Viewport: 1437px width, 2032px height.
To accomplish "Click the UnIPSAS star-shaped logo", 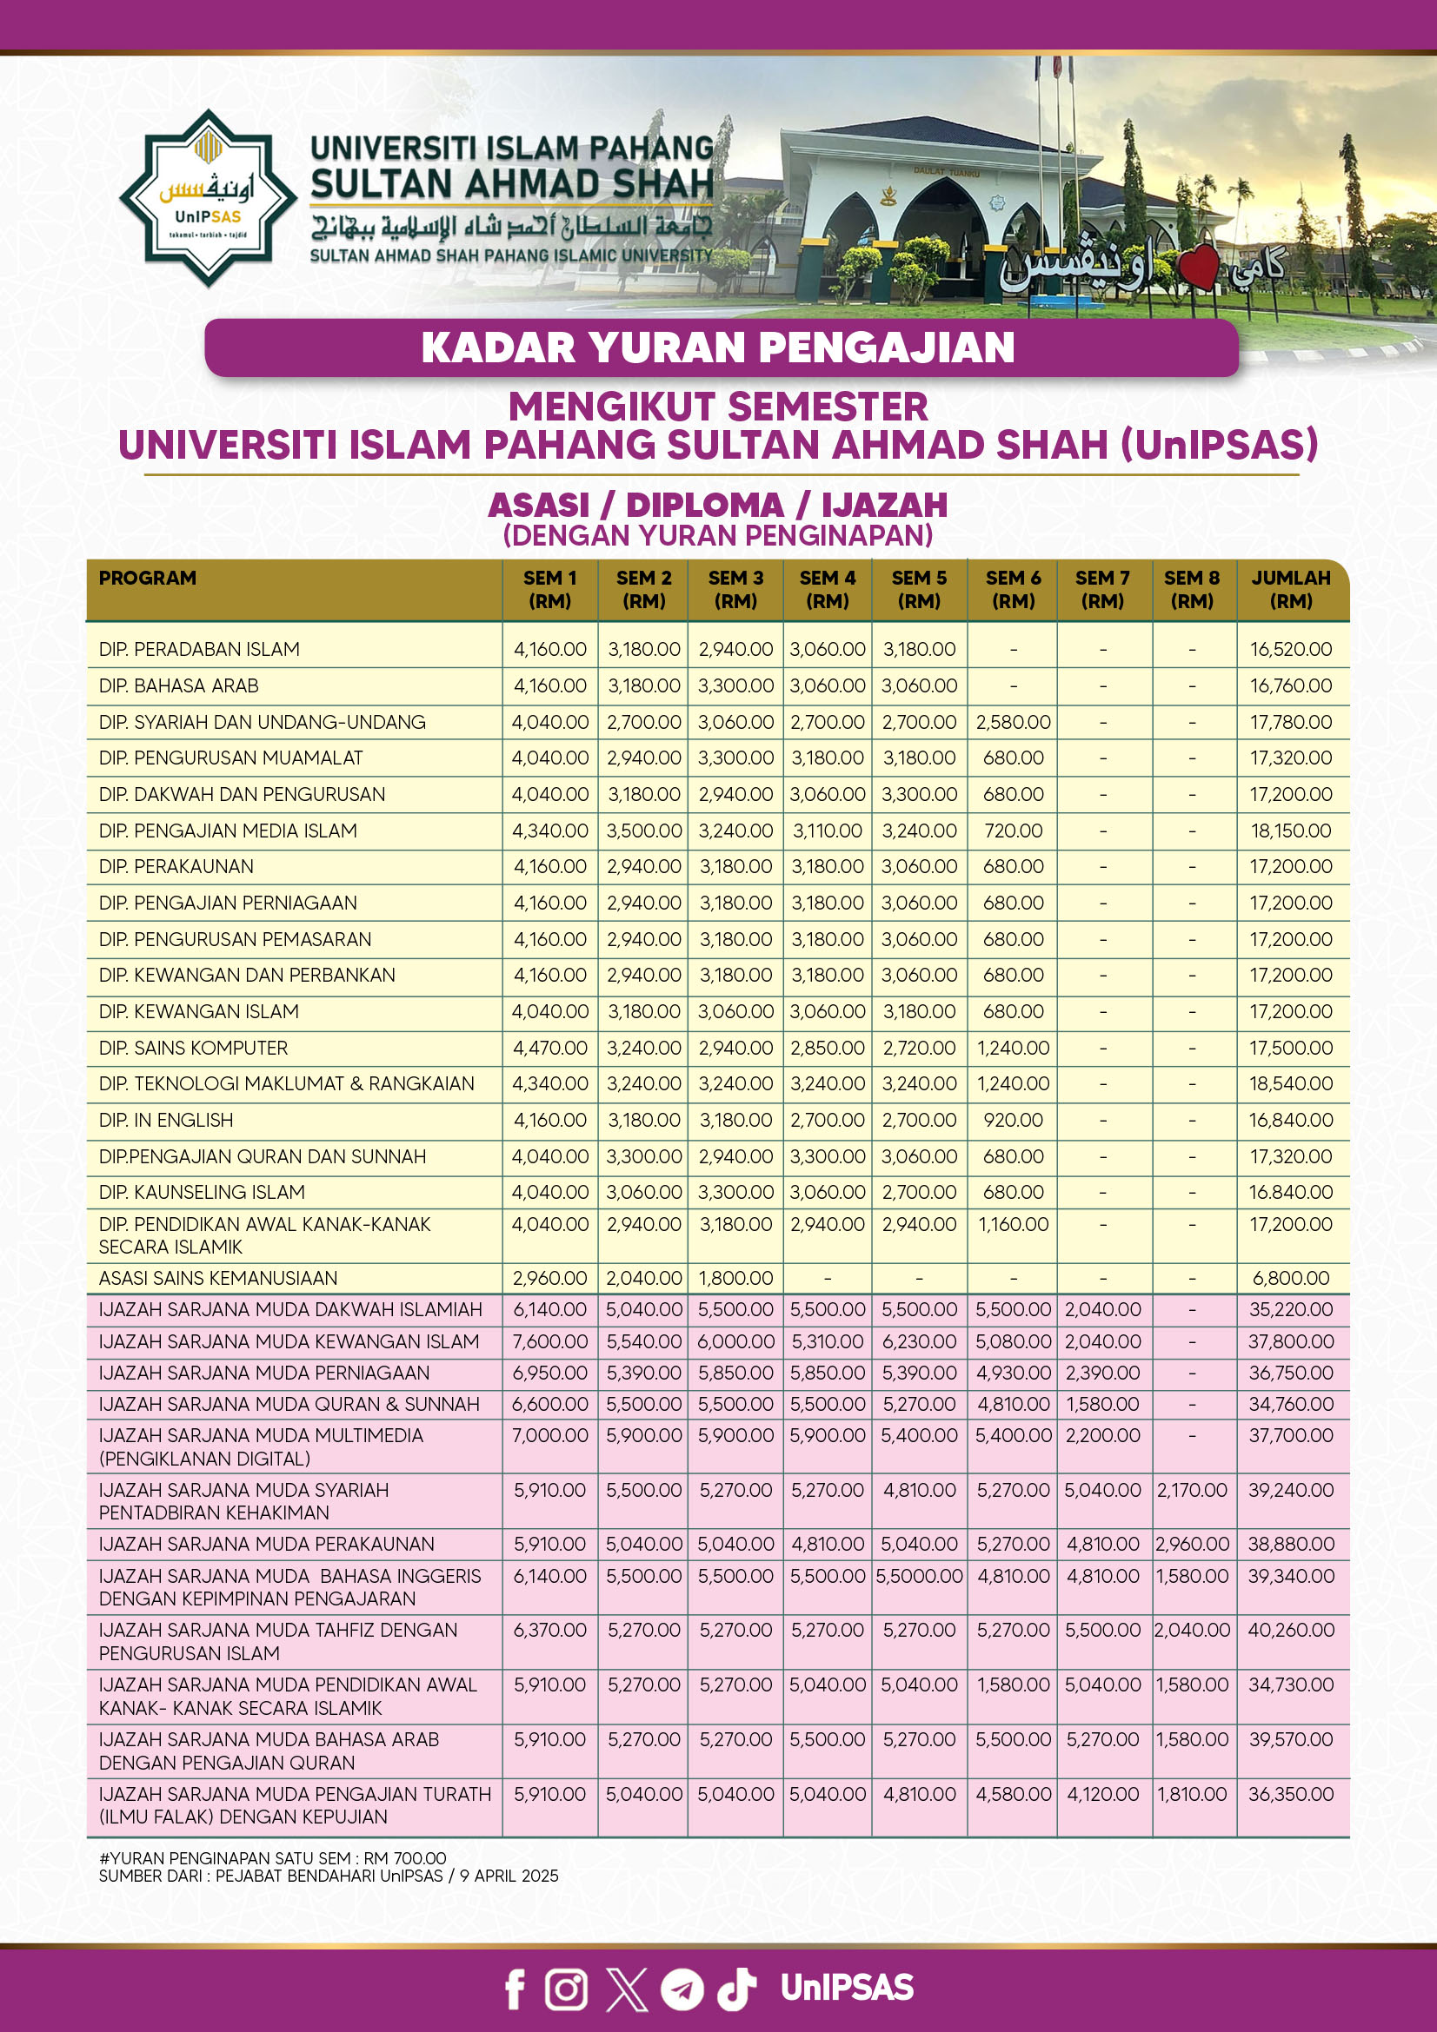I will (x=208, y=198).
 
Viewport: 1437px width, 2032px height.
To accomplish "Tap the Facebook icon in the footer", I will (x=515, y=1989).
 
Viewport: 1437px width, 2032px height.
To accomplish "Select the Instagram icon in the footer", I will (x=567, y=1989).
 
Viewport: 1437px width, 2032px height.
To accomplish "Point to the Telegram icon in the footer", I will (x=682, y=1989).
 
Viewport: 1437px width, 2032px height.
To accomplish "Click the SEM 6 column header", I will (x=1013, y=589).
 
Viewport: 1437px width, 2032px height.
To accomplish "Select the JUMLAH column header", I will (x=1291, y=589).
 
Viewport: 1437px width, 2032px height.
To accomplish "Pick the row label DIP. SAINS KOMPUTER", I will (x=193, y=1048).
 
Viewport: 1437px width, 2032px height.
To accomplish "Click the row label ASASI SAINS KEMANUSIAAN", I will (x=218, y=1278).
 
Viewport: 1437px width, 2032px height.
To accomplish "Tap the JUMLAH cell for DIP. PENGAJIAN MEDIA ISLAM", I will (x=1291, y=831).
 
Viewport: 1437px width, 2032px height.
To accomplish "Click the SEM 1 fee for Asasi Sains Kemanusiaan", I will (x=549, y=1278).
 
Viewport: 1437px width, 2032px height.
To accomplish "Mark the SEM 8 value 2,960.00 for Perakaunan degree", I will (x=1192, y=1545).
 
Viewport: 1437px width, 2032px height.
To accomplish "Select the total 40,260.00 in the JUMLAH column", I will (x=1291, y=1630).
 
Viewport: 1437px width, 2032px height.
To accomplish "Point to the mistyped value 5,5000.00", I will (x=919, y=1576).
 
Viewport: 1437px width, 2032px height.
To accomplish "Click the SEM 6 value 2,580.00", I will (x=1013, y=722).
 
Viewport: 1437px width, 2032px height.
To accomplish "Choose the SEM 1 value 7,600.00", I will (x=549, y=1341).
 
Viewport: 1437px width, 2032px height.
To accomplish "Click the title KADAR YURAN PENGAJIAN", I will (x=718, y=347).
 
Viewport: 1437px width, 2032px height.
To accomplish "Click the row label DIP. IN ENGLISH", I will (x=165, y=1121).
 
